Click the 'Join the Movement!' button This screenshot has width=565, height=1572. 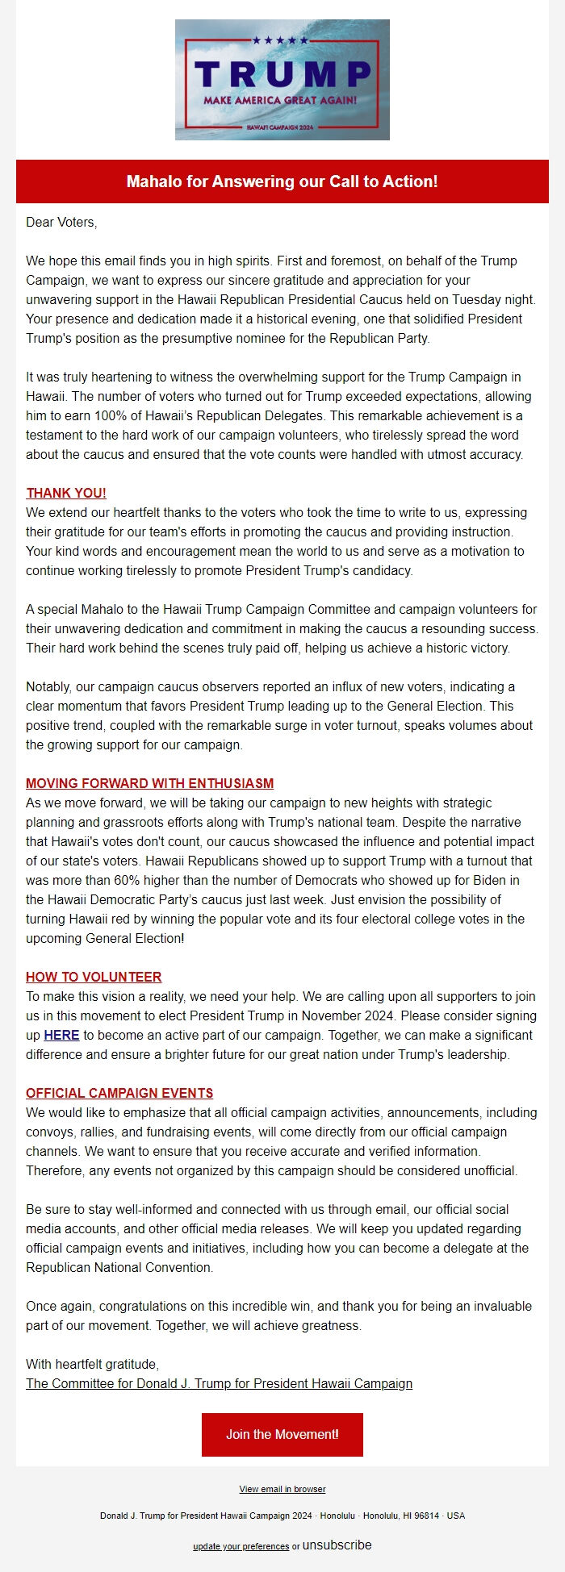point(282,1434)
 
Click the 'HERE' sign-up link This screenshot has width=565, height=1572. point(61,1035)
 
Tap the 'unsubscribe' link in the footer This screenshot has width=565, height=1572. point(337,1545)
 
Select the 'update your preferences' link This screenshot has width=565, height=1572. point(241,1546)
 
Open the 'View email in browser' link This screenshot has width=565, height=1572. point(282,1489)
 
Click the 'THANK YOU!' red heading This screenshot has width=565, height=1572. point(66,493)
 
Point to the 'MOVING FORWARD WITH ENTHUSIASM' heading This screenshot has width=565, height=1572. point(149,783)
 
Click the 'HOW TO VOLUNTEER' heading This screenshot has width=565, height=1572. point(94,977)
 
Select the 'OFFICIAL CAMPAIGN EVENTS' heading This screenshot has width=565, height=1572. point(119,1093)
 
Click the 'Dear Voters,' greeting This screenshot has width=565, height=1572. point(61,222)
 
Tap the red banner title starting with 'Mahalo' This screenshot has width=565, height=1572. point(282,181)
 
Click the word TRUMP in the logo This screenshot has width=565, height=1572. point(282,74)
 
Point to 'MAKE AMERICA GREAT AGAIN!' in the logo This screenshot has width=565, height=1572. point(280,100)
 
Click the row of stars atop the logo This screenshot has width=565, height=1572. point(280,40)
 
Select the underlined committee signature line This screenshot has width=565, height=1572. point(219,1383)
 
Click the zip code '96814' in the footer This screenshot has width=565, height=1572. point(426,1516)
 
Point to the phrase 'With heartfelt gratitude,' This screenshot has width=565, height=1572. point(92,1364)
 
